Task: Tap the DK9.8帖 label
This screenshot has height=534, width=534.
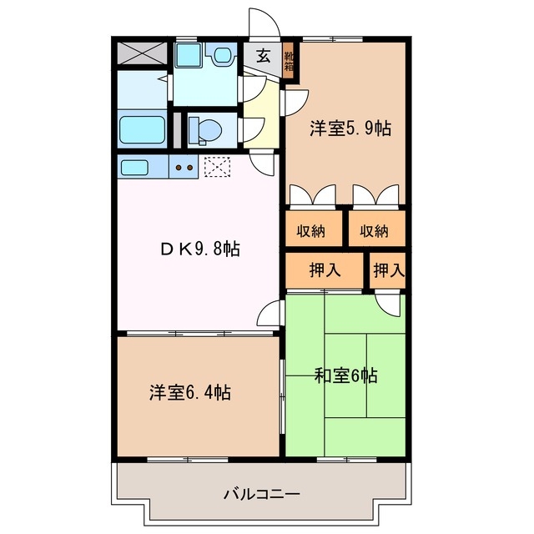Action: click(199, 248)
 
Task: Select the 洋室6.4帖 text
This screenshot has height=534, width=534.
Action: click(190, 392)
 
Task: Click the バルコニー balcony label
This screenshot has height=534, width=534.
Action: click(261, 493)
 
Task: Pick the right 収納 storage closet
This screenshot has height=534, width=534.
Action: click(375, 230)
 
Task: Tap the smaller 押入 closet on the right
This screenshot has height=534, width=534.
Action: click(388, 270)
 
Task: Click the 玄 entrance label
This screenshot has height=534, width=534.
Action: click(263, 57)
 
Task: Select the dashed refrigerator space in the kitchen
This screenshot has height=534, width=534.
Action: click(216, 167)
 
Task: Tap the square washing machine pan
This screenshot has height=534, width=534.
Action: click(187, 56)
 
